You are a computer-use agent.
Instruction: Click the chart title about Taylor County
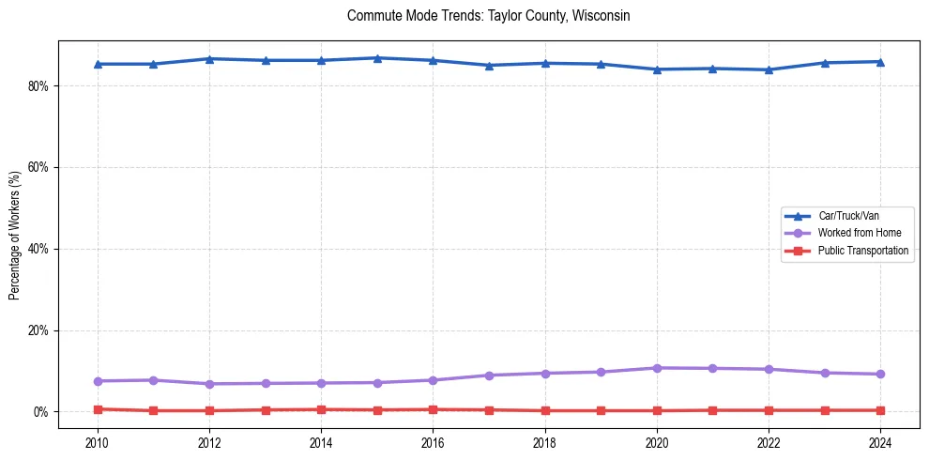coord(488,16)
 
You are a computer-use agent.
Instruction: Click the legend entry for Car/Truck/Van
coord(848,216)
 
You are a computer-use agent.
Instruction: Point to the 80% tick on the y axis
coord(39,85)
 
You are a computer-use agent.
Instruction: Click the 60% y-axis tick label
coord(39,167)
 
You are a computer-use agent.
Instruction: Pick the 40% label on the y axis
coord(39,249)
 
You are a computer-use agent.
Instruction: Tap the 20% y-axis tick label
coord(39,330)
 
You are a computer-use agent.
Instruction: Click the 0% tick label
coord(42,412)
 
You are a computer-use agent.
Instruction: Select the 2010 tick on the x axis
coord(97,442)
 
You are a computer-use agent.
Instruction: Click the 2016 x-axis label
coord(433,442)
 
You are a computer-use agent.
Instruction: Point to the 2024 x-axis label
coord(880,442)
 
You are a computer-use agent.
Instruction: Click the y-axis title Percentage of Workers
coord(15,235)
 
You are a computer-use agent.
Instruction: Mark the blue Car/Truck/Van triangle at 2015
coord(377,58)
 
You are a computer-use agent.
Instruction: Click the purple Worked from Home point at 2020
coord(657,368)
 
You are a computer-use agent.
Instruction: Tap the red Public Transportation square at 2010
coord(97,409)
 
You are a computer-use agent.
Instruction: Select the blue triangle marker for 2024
coord(880,62)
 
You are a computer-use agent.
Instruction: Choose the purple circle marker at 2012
coord(209,384)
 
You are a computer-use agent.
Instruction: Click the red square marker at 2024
coord(880,410)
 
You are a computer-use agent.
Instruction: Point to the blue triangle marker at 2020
coord(657,69)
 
